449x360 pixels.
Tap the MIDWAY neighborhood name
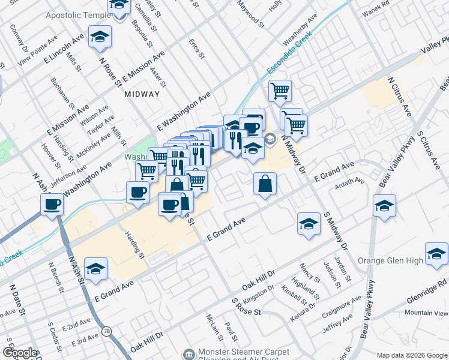(x=142, y=94)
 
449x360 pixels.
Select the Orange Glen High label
(x=390, y=260)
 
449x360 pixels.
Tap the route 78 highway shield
(x=107, y=331)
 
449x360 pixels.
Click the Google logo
(x=20, y=353)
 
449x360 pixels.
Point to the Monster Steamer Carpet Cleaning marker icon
(x=189, y=355)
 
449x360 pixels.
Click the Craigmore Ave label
(x=341, y=304)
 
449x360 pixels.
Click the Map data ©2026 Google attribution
(x=411, y=355)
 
